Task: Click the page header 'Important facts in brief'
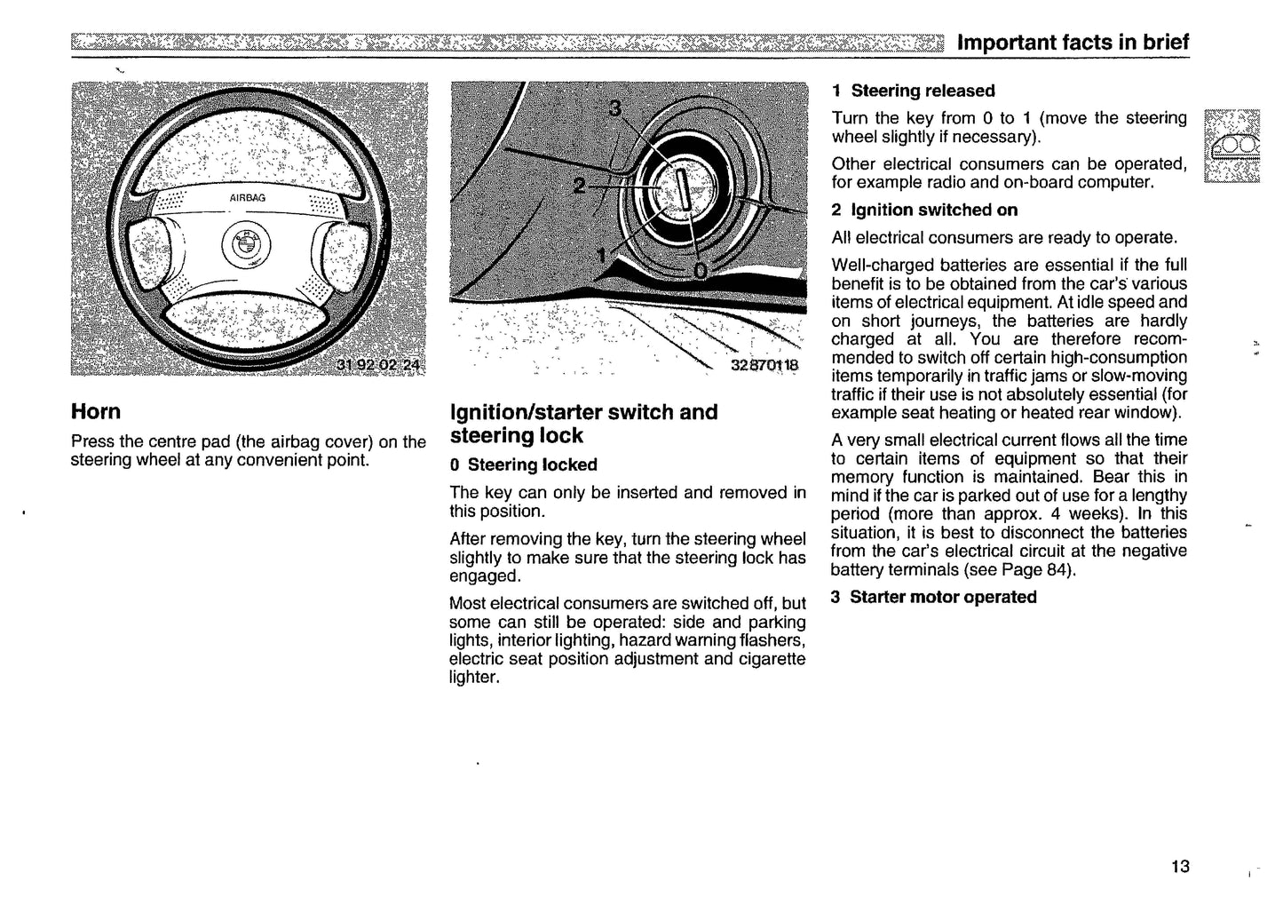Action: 1073,43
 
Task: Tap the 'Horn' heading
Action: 96,412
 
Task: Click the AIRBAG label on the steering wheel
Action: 248,198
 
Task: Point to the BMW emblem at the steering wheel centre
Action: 244,242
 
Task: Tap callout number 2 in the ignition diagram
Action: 579,186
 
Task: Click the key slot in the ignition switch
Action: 683,188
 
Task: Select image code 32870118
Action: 764,365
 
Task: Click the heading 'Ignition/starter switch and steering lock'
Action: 583,424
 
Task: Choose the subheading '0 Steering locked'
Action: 523,464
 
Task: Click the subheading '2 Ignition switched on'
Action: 924,210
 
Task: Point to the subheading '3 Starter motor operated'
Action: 933,597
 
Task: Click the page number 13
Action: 1180,866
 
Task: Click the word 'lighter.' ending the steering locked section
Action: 474,678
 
